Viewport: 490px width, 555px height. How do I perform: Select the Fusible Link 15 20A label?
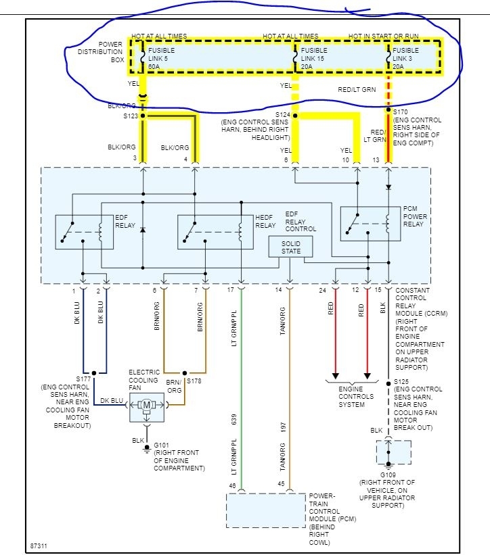315,58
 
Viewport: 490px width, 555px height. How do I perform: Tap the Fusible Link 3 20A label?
406,58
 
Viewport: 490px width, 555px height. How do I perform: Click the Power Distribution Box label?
101,51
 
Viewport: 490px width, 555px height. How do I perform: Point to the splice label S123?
130,116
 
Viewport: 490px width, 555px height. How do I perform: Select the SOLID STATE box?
290,247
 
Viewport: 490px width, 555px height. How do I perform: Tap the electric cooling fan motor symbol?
147,405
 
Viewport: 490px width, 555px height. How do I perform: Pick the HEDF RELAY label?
265,222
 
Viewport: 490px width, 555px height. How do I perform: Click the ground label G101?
162,445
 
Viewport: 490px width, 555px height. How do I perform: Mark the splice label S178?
194,381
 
